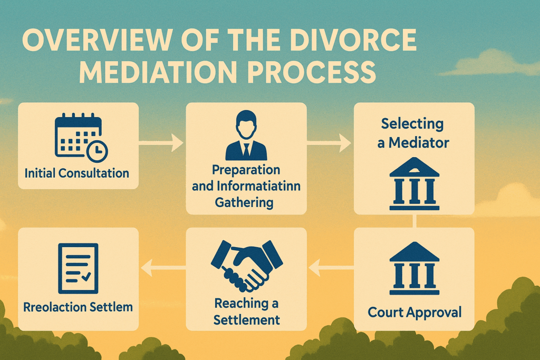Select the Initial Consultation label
pos(77,173)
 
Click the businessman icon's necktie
pos(246,150)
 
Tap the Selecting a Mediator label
pos(413,133)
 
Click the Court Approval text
pos(414,312)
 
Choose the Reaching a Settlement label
pos(246,312)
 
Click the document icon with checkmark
pos(78,268)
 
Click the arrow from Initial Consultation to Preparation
pos(161,142)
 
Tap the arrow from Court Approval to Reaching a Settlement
pos(330,269)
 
